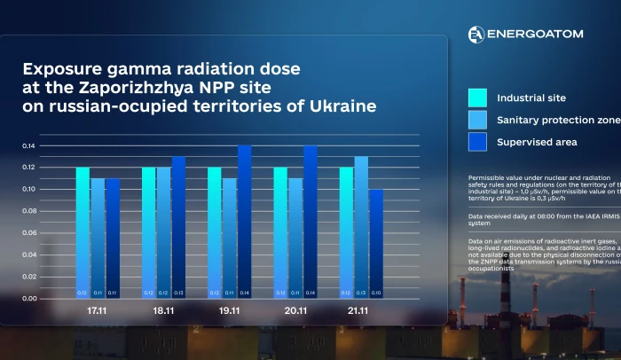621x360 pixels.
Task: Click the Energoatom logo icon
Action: (476, 34)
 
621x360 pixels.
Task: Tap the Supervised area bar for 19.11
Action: (245, 222)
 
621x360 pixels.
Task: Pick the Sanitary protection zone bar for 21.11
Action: (361, 227)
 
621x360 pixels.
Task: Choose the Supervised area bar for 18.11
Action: (178, 227)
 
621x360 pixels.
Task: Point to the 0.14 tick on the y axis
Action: (30, 145)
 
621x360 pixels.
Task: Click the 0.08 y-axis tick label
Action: (30, 211)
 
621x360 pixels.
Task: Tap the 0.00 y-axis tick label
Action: (30, 299)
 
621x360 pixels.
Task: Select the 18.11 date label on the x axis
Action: (163, 312)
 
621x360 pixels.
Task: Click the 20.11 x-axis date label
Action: (295, 312)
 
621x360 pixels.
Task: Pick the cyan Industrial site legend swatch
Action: (477, 98)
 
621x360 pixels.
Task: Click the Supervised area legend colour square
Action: (477, 142)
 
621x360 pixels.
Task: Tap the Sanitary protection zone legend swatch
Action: (477, 120)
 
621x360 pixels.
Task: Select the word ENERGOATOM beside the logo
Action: (534, 34)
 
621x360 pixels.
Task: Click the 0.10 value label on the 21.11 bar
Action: (376, 293)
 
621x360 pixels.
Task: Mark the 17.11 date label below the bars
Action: (98, 312)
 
